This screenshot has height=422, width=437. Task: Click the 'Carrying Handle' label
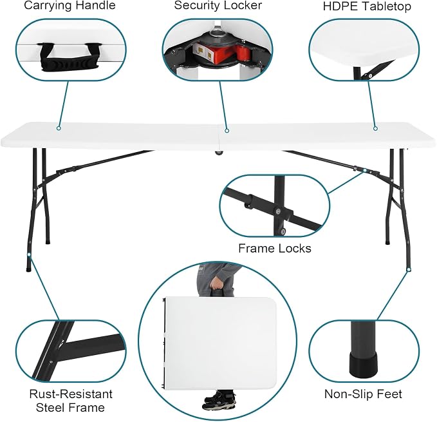(x=70, y=6)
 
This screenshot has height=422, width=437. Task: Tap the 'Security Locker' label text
(x=218, y=5)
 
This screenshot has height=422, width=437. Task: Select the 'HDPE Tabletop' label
(x=367, y=6)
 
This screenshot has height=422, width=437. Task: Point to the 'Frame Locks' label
(x=275, y=248)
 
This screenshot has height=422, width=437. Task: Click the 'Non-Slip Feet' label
(x=363, y=394)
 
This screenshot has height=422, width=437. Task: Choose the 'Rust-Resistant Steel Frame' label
(x=71, y=401)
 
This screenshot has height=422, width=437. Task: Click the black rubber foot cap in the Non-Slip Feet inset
(x=364, y=363)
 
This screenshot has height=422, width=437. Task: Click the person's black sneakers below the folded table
(x=219, y=401)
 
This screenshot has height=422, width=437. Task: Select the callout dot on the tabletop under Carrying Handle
(x=59, y=128)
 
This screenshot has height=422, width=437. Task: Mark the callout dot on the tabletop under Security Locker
(x=227, y=131)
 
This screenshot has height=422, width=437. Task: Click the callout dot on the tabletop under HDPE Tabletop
(x=375, y=128)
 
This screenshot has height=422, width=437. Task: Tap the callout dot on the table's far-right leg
(x=409, y=269)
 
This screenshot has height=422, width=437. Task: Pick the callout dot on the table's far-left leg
(x=29, y=254)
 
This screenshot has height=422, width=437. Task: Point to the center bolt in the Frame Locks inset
(x=277, y=211)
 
